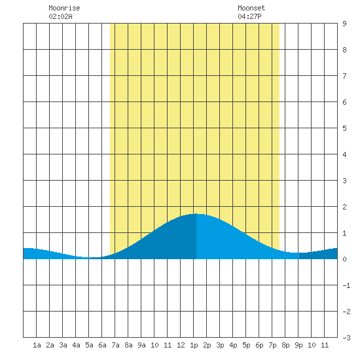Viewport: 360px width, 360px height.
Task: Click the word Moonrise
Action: coord(64,8)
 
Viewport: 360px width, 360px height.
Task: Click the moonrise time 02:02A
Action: coord(60,16)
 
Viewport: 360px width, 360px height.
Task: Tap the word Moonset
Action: coord(251,8)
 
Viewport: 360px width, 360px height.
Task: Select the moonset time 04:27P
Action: coord(249,16)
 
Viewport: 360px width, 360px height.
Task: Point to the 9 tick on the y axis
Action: coord(344,24)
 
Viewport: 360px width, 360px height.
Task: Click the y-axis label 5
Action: coord(344,128)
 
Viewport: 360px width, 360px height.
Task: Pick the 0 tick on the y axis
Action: coord(344,259)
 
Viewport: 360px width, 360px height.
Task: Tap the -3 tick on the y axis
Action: coord(346,338)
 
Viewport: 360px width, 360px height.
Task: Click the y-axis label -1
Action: coord(346,285)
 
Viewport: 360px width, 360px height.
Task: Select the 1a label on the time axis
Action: coord(37,345)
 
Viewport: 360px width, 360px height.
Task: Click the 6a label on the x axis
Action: coord(102,345)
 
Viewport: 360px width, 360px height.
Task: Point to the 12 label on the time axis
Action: coord(181,345)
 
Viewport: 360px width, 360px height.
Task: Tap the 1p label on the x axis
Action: coord(194,345)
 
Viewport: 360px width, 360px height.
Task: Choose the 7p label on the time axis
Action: coord(272,345)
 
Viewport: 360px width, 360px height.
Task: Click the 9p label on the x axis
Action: coord(298,345)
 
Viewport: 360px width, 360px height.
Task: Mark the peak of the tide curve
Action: coord(196,214)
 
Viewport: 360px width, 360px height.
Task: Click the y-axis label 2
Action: coord(344,207)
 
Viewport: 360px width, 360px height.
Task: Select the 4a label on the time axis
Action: coord(76,345)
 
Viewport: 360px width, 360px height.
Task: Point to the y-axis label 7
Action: coord(344,76)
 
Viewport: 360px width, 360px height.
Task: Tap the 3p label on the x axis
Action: coord(220,345)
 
